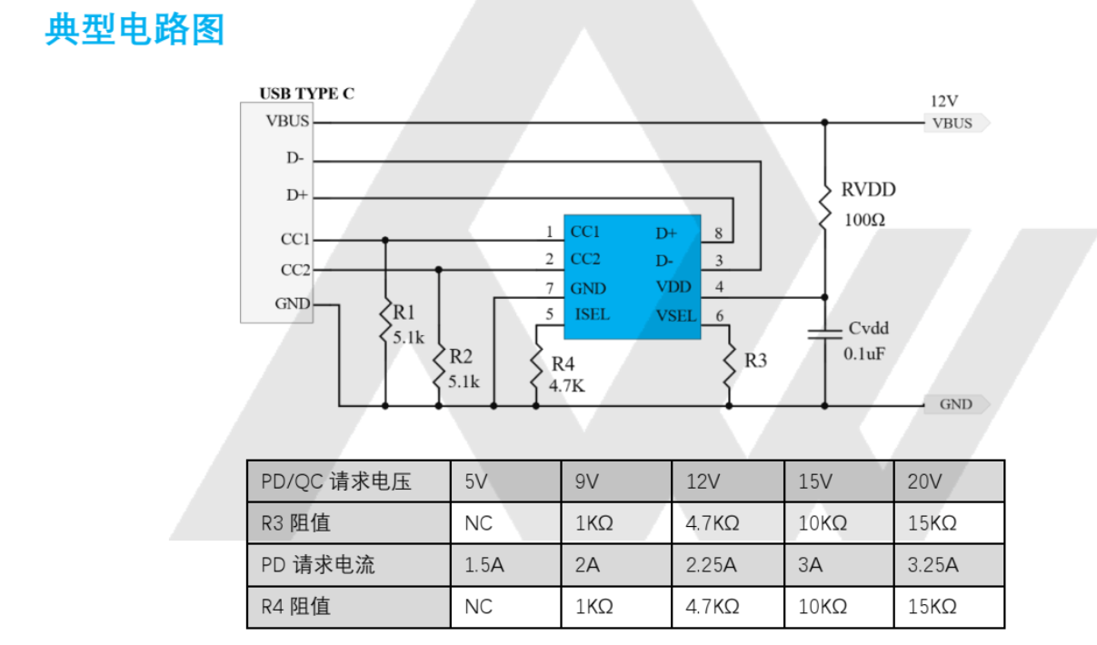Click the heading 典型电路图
135,30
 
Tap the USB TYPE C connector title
306,94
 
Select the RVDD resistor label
868,190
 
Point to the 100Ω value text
864,220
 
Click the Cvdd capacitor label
868,328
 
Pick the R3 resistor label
755,361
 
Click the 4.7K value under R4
566,385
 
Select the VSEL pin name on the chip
675,316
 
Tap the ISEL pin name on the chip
592,315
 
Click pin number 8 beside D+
718,233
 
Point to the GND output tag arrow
956,405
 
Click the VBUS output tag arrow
956,124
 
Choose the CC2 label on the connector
295,270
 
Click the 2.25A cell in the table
711,565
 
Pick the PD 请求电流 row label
317,565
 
